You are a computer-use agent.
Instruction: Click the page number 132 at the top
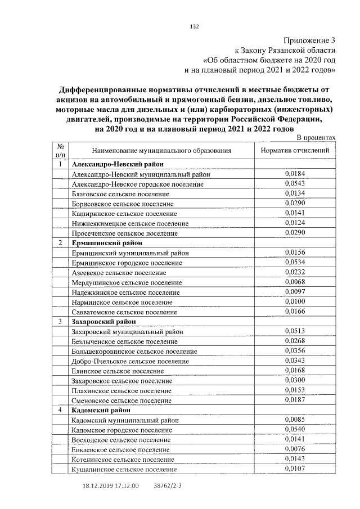(x=195, y=26)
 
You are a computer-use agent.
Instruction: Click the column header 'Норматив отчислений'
(x=296, y=151)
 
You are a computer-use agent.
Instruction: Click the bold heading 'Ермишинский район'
(x=105, y=243)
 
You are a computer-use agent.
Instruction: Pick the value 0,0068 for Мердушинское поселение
(x=295, y=282)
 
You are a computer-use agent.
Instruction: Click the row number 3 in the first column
(x=60, y=321)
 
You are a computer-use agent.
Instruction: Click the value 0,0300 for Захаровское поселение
(x=295, y=380)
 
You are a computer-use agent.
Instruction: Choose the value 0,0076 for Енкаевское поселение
(x=295, y=449)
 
